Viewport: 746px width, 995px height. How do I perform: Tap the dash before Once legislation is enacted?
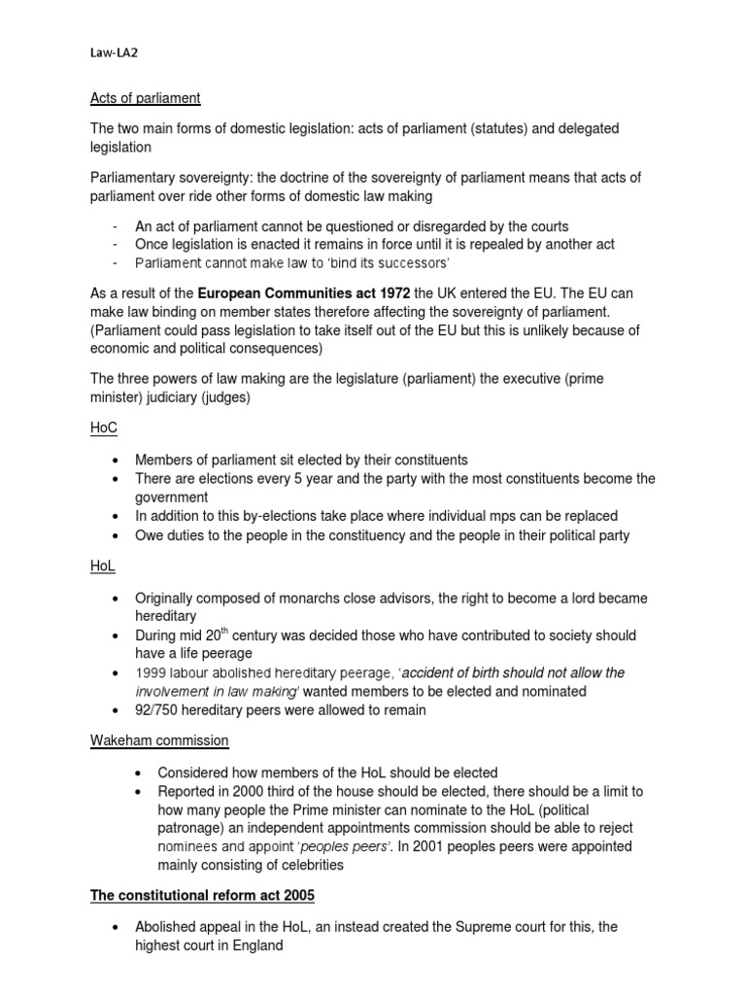coord(116,245)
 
